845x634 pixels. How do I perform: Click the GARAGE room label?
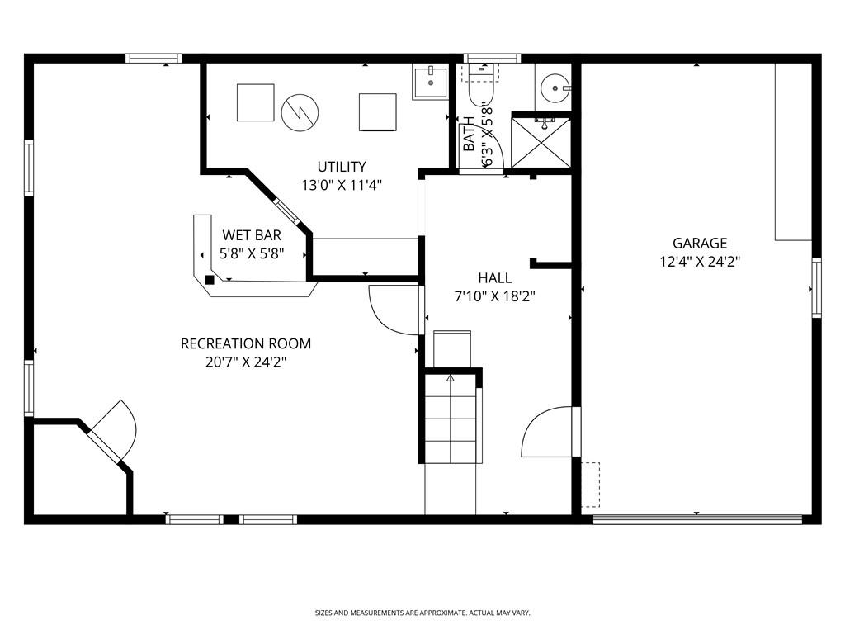click(700, 244)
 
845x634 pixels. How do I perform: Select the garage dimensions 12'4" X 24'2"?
click(700, 262)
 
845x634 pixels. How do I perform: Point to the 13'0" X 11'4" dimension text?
click(341, 185)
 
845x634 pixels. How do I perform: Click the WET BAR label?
click(251, 236)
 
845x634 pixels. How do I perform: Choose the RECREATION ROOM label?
click(246, 343)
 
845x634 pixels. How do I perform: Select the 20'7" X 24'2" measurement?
click(246, 362)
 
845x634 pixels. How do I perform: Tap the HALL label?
click(494, 278)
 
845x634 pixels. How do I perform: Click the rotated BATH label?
click(469, 135)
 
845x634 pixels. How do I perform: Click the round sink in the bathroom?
click(552, 86)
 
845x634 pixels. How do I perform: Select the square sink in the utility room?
click(429, 82)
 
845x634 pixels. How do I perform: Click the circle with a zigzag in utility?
click(298, 111)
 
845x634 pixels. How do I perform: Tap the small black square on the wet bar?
click(210, 280)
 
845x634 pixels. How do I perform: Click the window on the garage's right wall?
click(816, 287)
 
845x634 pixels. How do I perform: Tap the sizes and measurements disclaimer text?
click(422, 613)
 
